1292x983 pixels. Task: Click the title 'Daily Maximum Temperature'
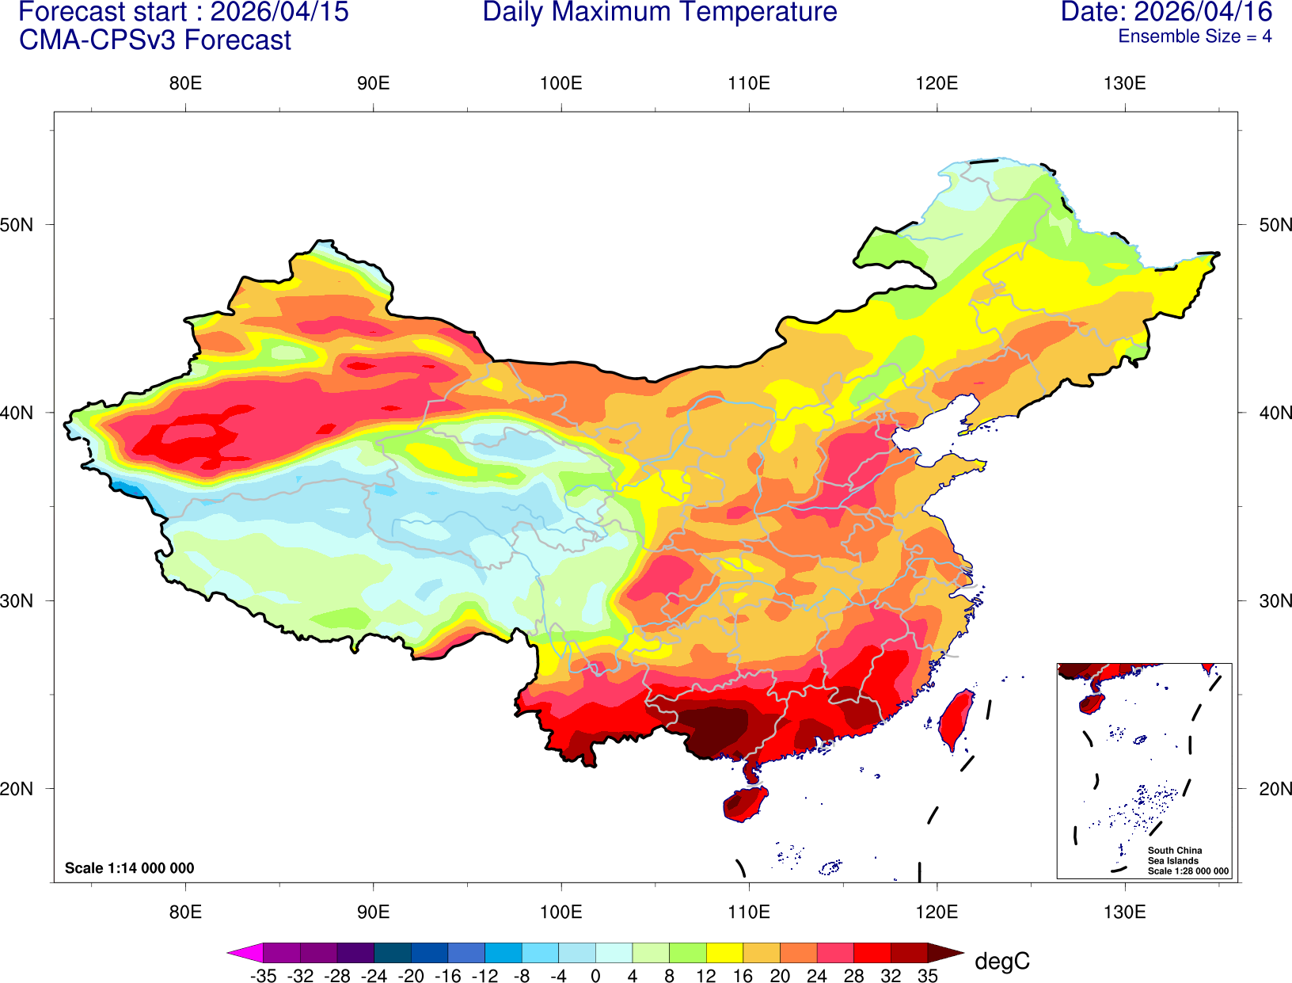[x=659, y=13]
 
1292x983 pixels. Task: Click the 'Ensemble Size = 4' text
[x=1195, y=36]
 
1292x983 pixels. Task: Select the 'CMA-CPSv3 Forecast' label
[x=155, y=40]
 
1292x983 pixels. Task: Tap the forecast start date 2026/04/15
[x=279, y=13]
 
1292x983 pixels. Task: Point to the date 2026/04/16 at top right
[x=1203, y=13]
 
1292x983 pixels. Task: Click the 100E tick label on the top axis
[x=560, y=84]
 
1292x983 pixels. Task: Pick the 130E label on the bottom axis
[x=1124, y=912]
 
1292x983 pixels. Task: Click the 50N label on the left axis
[x=17, y=225]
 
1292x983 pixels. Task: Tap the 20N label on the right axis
[x=1275, y=789]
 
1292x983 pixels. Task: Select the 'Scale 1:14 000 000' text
[x=129, y=868]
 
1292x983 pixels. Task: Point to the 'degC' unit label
[x=1001, y=962]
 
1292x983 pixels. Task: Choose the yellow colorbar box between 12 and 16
[x=724, y=953]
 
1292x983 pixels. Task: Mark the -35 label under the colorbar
[x=263, y=976]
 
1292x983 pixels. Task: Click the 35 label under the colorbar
[x=928, y=976]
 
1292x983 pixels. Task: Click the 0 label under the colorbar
[x=595, y=976]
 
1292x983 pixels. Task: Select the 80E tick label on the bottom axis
[x=185, y=912]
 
